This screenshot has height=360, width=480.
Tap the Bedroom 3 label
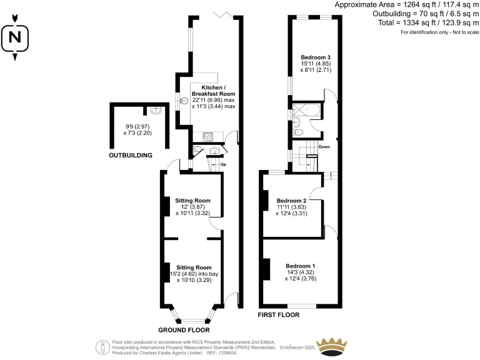coord(315,57)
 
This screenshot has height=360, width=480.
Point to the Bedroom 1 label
coord(301,266)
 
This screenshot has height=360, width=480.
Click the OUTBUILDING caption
coord(131,154)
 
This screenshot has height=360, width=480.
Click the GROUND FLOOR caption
coord(184,329)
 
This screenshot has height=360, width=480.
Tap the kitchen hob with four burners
coord(207,137)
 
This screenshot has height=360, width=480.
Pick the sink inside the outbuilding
coord(156,111)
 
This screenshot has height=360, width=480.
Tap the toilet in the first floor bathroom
coord(298,132)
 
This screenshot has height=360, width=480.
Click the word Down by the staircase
coord(324,147)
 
